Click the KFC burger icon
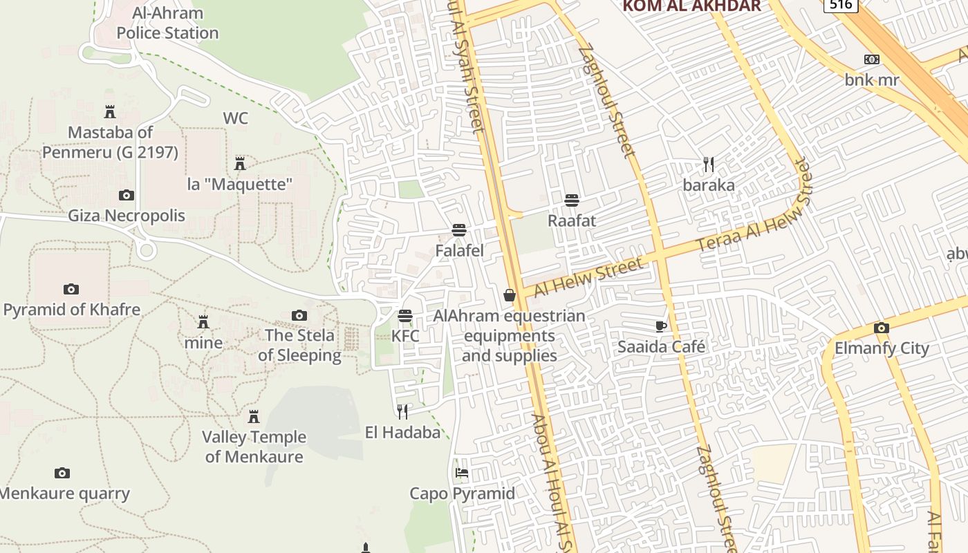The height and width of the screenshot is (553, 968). pos(405,316)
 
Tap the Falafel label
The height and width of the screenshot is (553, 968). pos(459,250)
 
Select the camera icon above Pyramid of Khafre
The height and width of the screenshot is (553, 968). pos(71,289)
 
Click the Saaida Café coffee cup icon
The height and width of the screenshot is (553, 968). pos(661,326)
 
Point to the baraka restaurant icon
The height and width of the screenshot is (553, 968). pos(709,165)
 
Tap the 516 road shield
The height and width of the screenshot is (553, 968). pos(840,5)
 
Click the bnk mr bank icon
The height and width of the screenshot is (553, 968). pos(872,59)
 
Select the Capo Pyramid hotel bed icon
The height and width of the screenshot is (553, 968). pos(462,474)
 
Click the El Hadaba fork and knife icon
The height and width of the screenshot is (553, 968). pos(402,412)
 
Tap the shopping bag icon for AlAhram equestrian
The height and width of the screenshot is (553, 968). pos(510,295)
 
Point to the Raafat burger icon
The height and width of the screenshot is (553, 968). pos(571,200)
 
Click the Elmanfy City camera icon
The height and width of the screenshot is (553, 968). pos(881,328)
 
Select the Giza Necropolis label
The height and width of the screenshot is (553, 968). pos(127,216)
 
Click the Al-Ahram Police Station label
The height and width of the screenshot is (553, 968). pos(167,23)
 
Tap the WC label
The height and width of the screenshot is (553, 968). pos(235,118)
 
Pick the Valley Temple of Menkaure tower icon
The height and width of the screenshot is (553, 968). pos(254,416)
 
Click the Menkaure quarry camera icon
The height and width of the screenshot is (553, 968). pos(62,474)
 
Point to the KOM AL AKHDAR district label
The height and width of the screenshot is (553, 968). pos(691,6)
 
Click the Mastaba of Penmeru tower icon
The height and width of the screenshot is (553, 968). pos(109,112)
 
